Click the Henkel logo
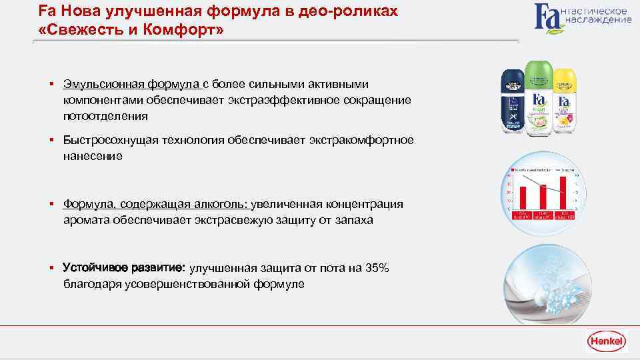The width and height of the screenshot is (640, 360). click(606, 342)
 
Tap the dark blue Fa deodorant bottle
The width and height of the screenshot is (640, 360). click(513, 104)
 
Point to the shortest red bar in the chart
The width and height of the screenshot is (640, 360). click(523, 198)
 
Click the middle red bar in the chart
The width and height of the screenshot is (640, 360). click(543, 197)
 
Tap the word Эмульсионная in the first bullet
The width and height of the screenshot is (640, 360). click(98, 84)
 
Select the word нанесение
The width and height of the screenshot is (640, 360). click(93, 156)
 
